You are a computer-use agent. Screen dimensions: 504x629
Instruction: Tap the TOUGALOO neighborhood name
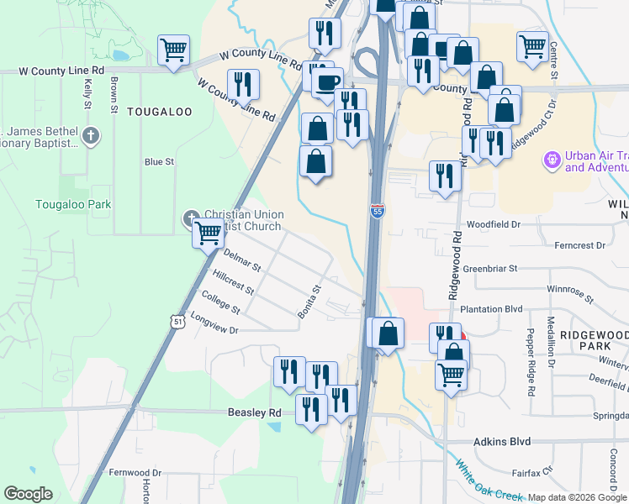160,112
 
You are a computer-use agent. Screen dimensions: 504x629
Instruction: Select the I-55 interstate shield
377,212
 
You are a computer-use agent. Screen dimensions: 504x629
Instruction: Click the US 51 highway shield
175,321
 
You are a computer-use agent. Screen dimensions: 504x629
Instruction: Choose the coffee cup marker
327,81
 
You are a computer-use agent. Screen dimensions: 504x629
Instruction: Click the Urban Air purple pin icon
552,157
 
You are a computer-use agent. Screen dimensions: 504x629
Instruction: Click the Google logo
28,494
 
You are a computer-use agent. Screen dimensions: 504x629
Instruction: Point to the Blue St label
159,161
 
